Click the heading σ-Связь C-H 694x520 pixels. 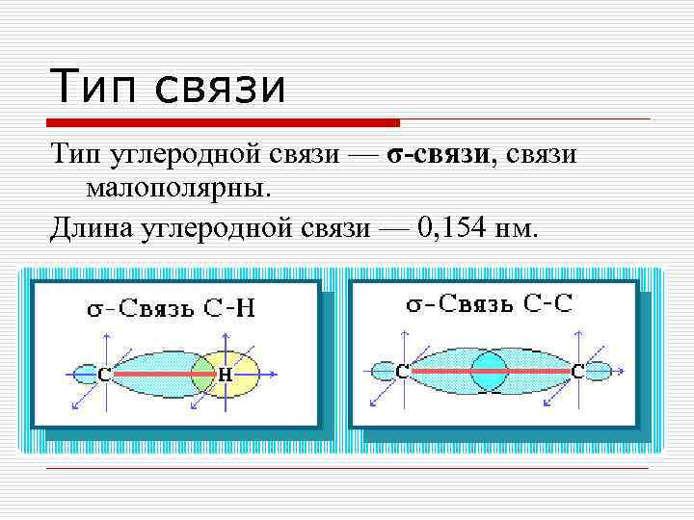click(173, 309)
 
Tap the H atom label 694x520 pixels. click(225, 374)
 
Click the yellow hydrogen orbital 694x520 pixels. click(241, 373)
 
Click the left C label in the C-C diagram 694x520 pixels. click(402, 370)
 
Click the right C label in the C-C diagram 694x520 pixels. click(577, 370)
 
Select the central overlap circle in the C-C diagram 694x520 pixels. click(489, 371)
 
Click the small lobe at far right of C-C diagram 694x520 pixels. click(599, 371)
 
